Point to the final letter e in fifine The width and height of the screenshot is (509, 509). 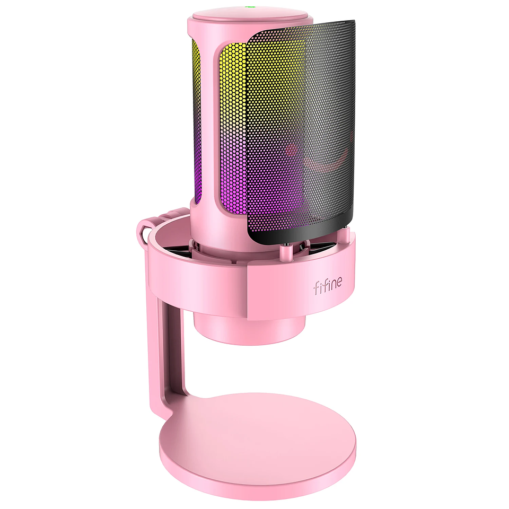[x=339, y=288]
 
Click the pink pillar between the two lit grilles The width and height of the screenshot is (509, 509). [x=209, y=127]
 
